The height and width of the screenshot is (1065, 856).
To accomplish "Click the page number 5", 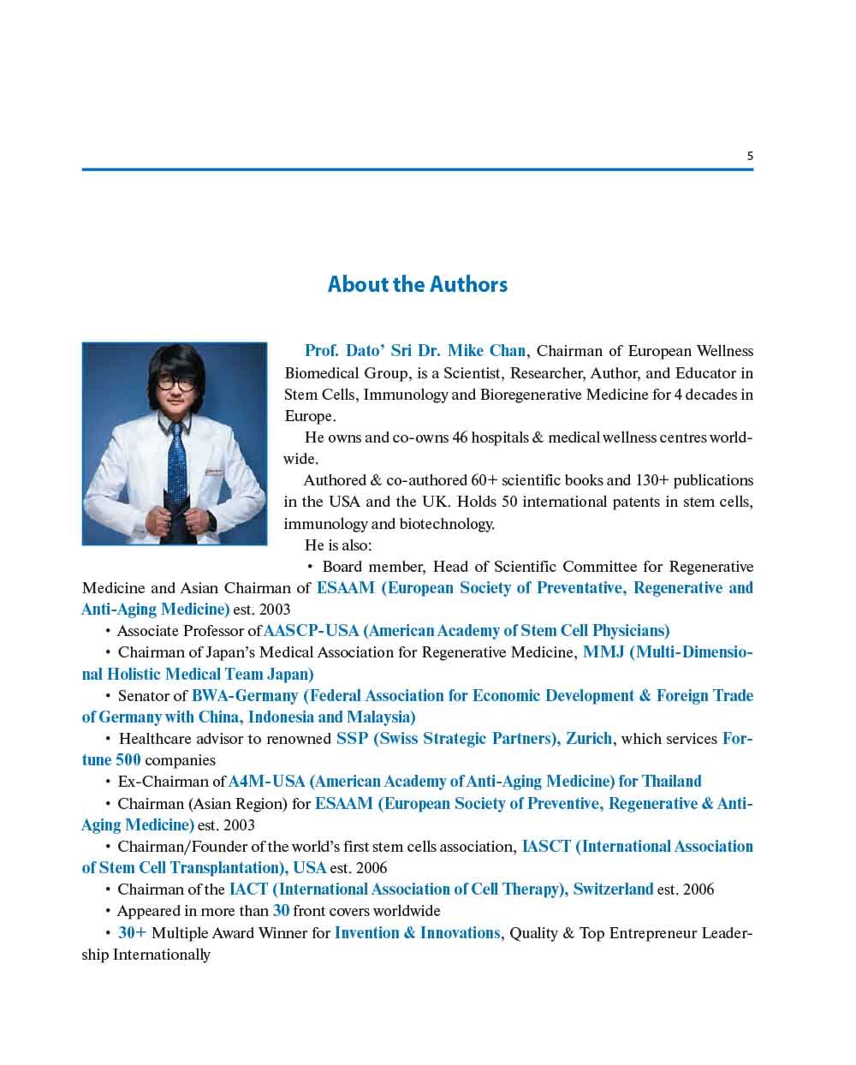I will [x=750, y=156].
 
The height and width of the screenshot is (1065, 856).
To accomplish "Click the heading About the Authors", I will [x=417, y=284].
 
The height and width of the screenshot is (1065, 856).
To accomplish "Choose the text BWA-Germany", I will [x=244, y=696].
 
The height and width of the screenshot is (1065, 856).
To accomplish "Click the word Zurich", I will [x=589, y=739].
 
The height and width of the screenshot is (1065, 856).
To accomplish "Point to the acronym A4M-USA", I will [x=266, y=782].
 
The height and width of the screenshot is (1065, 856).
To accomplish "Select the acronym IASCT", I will [x=546, y=847].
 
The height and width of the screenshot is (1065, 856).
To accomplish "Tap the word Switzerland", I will [x=613, y=889].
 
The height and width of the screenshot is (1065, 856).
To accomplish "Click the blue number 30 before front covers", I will [x=281, y=911].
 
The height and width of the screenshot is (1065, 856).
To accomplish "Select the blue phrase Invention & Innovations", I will [x=417, y=933].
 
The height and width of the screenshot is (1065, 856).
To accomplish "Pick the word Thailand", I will [x=671, y=782].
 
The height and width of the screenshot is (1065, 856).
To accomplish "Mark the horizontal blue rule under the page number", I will [x=417, y=170].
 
